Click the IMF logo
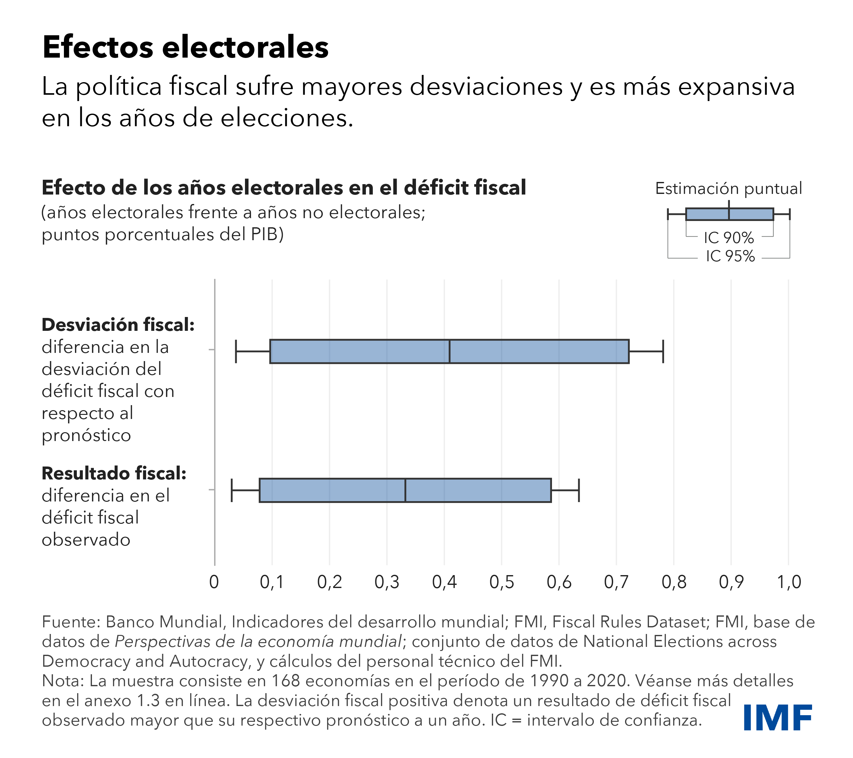coord(777,717)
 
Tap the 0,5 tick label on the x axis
coord(501,582)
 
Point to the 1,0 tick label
coord(789,582)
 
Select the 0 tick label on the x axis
coord(214,582)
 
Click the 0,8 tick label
coord(674,582)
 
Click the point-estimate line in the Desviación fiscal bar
coord(449,351)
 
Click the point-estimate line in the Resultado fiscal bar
coord(405,490)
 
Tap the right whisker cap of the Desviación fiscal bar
coord(663,351)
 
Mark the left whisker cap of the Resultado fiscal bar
coord(232,490)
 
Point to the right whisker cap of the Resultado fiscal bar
coord(579,490)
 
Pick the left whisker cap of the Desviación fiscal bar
coord(236,351)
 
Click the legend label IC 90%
coord(729,238)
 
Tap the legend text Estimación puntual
coord(728,189)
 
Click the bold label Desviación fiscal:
coord(118,325)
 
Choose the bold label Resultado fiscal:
coord(114,473)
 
